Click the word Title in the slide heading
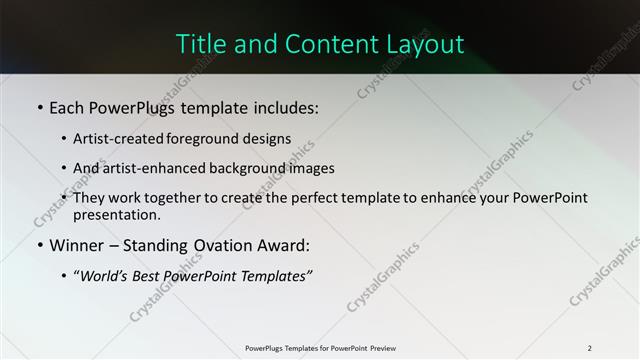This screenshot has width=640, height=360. pos(200,44)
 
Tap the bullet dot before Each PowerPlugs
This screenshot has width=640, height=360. pos(39,106)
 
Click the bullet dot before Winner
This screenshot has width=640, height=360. pos(39,245)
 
